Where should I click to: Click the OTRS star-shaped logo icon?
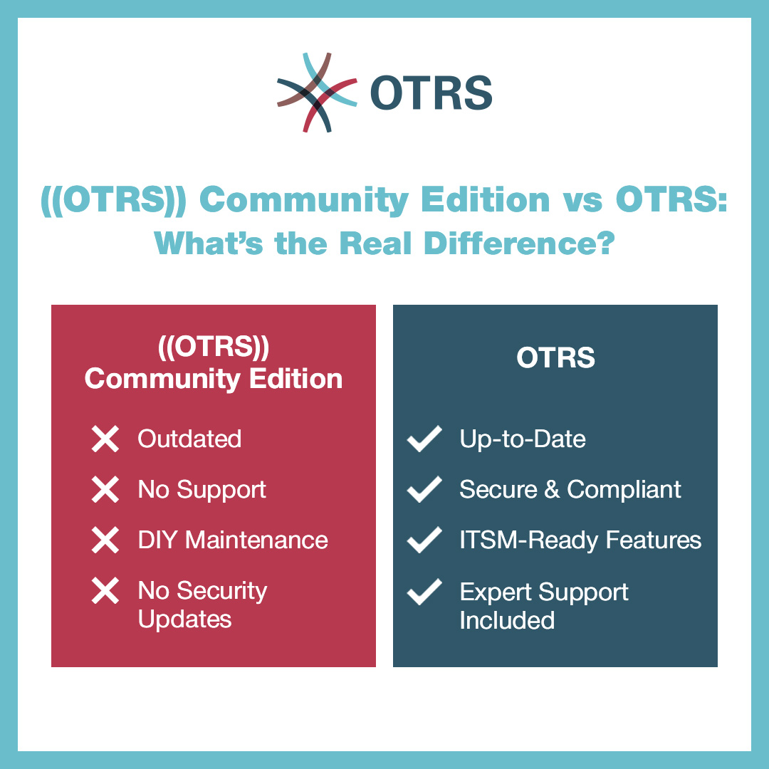(x=316, y=93)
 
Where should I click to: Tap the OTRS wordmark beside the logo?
(x=431, y=93)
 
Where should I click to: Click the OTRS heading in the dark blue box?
(x=555, y=357)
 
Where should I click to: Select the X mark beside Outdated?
(x=105, y=439)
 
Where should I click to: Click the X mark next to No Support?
(x=105, y=490)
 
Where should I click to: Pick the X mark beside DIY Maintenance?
(x=105, y=540)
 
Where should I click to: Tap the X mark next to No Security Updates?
(x=105, y=592)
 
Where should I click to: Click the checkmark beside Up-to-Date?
(x=424, y=439)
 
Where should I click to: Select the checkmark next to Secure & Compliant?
(x=424, y=490)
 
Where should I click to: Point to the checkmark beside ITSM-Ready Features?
(x=424, y=540)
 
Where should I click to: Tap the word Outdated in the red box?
(x=189, y=439)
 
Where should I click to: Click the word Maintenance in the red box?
(x=256, y=540)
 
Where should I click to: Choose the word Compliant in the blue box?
(x=624, y=489)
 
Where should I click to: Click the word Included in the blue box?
(x=506, y=620)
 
